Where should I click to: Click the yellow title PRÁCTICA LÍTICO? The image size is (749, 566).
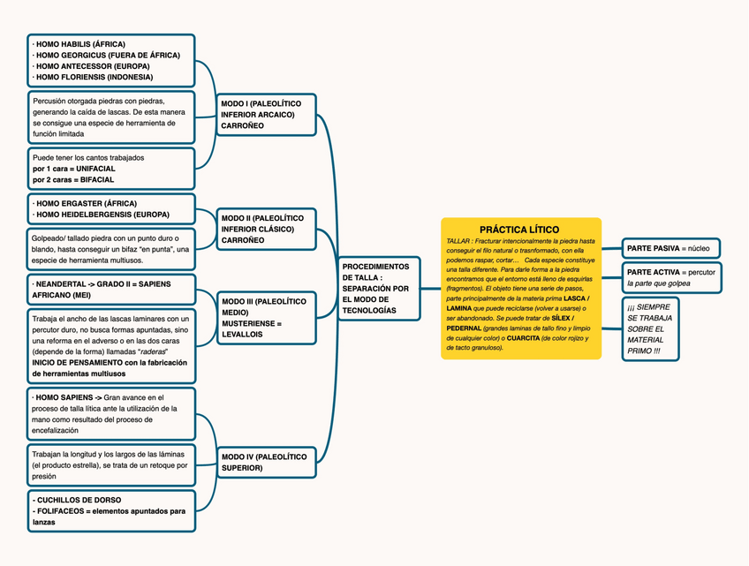519,230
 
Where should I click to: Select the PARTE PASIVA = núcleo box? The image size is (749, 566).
670,248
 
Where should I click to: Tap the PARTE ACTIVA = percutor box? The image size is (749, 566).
670,277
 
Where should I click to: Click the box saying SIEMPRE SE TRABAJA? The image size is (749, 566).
654,328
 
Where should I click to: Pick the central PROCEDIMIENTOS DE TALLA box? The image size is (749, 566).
377,288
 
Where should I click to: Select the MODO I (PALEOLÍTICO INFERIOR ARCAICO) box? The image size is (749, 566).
266,115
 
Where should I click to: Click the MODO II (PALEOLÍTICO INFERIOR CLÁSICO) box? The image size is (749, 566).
266,229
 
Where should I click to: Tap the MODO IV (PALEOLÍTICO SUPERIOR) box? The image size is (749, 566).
266,462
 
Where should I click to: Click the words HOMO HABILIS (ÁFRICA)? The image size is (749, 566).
80,44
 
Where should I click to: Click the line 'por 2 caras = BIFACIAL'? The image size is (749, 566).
73,179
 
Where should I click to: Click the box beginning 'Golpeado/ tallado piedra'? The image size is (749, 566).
111,250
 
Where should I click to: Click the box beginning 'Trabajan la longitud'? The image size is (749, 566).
111,464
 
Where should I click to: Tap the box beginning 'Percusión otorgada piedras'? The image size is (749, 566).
111,117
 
